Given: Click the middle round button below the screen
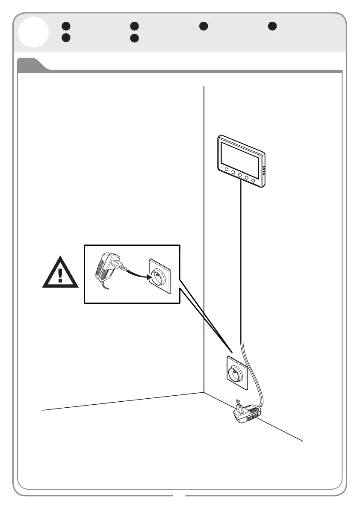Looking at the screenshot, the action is pos(240,175).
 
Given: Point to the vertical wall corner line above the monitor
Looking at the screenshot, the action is pos(204,111).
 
